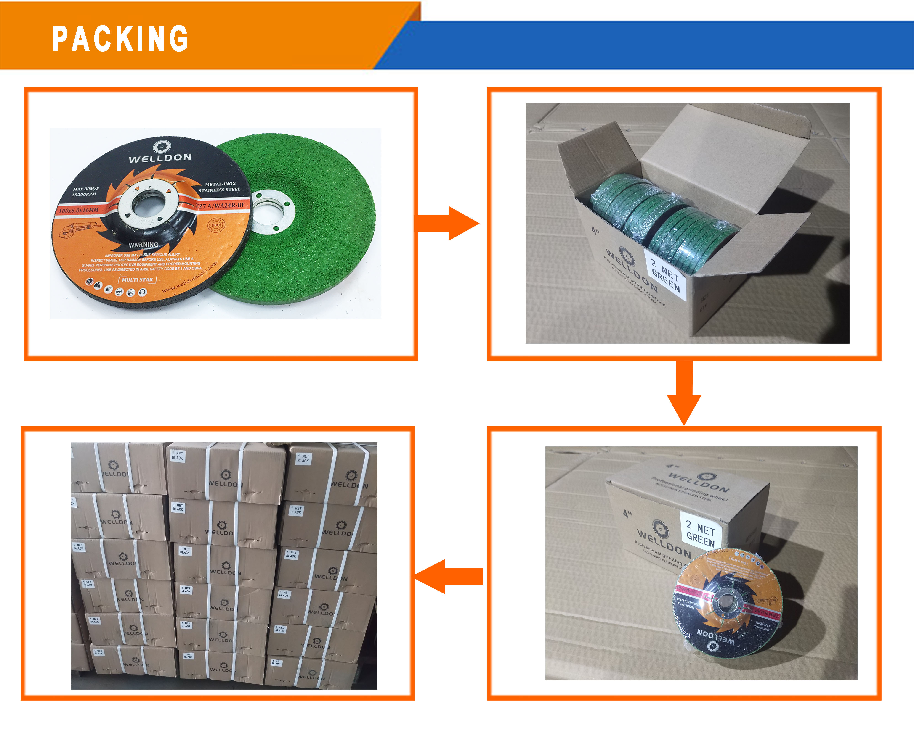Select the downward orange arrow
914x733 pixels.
(684, 392)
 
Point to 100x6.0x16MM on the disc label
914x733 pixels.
(79, 210)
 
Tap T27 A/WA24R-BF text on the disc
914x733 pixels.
(220, 206)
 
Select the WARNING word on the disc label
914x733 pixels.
(144, 245)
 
